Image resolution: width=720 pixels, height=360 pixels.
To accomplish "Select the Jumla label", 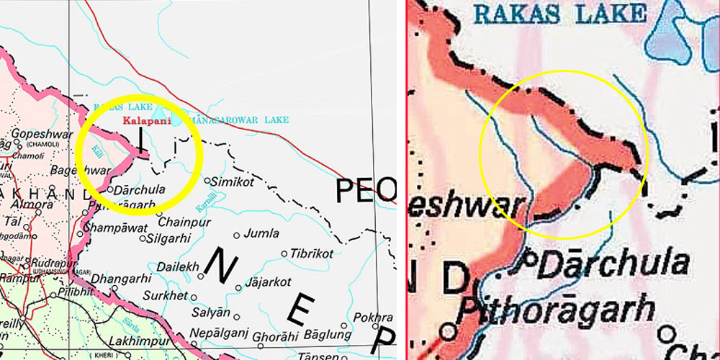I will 261,233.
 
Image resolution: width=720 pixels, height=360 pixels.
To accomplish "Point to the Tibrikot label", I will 312,253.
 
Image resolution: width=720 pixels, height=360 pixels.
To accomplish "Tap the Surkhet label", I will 166,296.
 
